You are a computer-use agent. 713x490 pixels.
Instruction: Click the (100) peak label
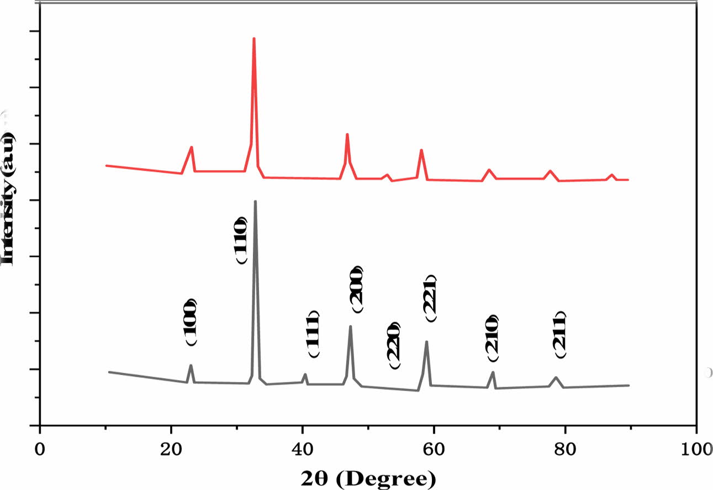[x=191, y=323]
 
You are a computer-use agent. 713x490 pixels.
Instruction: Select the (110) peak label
[x=241, y=240]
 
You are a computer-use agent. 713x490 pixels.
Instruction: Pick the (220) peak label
[x=394, y=345]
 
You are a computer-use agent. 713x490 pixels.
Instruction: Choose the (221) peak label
[x=431, y=298]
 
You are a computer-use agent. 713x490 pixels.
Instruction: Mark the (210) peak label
[x=492, y=338]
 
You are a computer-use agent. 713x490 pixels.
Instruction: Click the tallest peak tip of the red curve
[x=254, y=38]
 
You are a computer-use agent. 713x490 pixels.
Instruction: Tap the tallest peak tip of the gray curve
[x=255, y=201]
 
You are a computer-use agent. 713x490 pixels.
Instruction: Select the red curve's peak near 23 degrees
[x=192, y=147]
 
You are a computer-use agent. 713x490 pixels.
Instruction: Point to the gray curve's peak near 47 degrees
[x=351, y=326]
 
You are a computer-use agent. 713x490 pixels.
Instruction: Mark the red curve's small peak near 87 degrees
[x=611, y=175]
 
